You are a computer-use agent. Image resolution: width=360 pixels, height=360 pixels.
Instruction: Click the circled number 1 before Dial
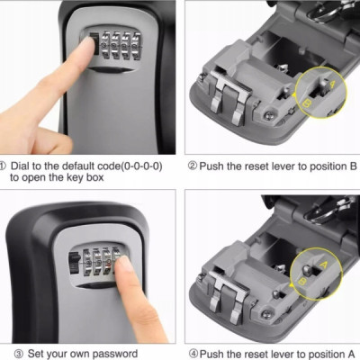click(3, 166)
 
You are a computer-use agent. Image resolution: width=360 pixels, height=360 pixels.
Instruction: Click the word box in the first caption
click(94, 177)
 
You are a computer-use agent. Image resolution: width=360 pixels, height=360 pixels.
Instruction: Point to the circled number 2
click(193, 166)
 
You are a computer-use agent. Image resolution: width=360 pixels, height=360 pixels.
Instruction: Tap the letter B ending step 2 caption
click(353, 166)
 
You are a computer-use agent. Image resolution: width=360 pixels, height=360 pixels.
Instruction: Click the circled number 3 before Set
click(19, 354)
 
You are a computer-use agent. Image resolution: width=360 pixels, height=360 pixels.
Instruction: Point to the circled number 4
click(193, 354)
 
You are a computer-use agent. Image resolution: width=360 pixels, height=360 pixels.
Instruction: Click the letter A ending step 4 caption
click(350, 354)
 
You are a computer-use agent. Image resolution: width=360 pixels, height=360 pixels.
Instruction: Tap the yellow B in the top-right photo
click(307, 103)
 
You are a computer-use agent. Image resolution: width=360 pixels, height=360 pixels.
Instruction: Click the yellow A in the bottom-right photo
click(324, 265)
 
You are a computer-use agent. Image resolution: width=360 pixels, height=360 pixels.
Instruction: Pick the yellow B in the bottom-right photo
click(303, 282)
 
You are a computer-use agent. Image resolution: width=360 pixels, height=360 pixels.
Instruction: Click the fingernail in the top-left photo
click(87, 42)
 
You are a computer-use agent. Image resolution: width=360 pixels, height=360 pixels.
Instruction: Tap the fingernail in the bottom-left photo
click(122, 262)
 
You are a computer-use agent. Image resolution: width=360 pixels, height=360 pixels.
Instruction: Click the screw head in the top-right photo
click(268, 113)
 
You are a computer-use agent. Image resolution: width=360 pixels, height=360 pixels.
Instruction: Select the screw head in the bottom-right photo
click(265, 314)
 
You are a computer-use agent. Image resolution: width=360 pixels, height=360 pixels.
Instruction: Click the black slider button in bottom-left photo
click(75, 263)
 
